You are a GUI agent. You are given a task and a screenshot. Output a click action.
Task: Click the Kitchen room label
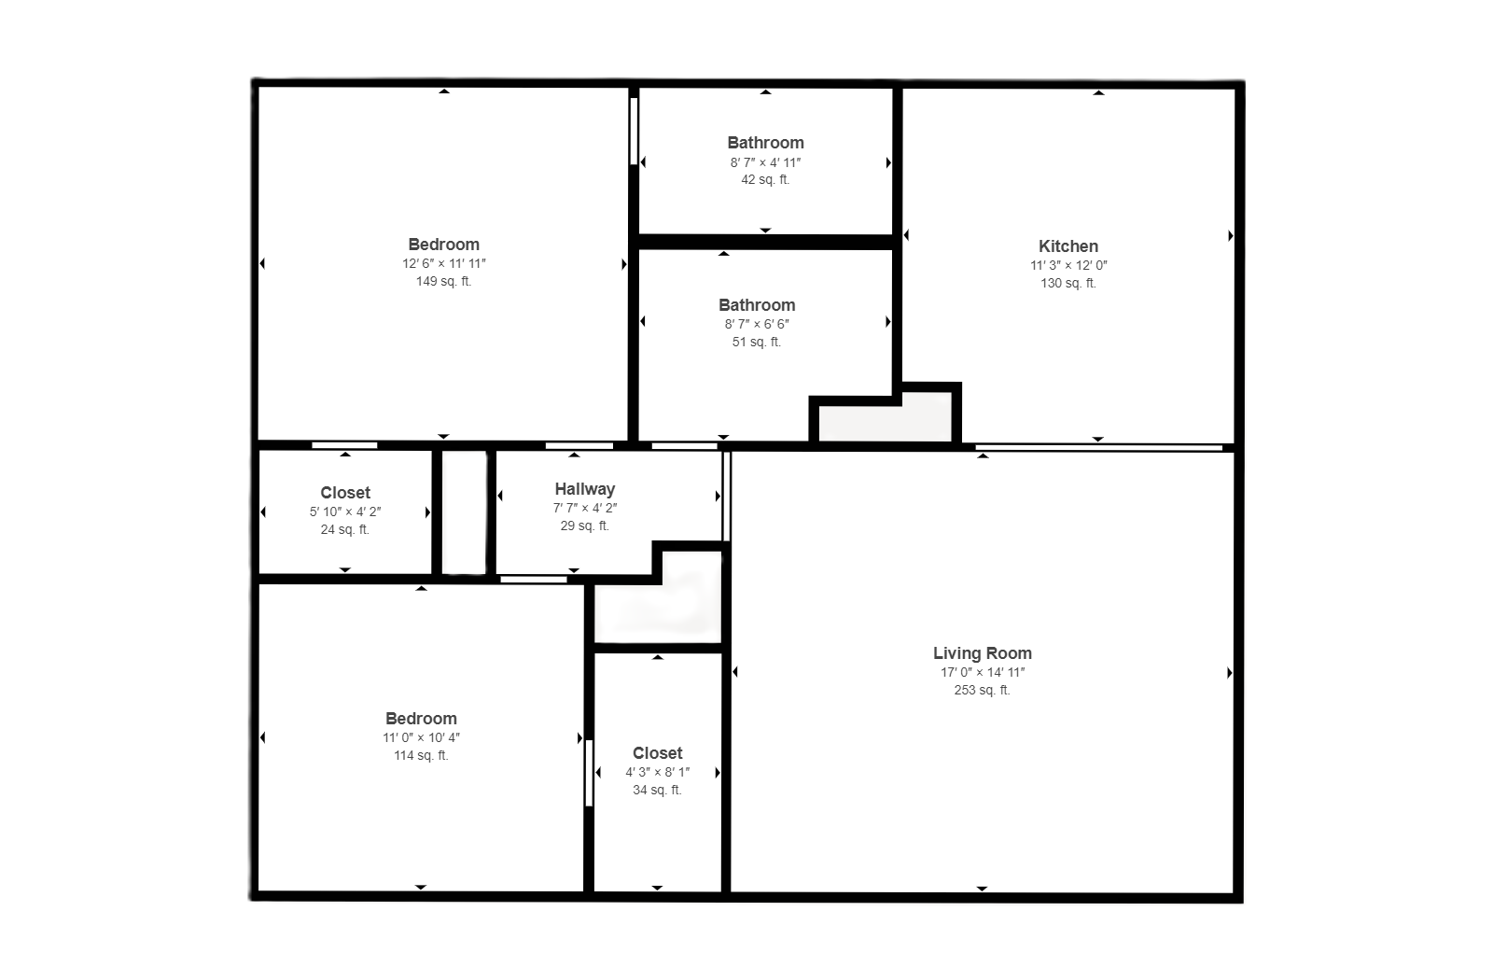click(1068, 246)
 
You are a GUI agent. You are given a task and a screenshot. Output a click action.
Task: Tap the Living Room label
click(983, 653)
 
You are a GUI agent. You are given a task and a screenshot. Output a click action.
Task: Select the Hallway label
click(585, 489)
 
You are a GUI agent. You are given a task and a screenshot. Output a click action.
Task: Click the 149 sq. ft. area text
click(444, 281)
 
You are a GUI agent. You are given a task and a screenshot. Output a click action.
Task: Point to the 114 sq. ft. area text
click(421, 755)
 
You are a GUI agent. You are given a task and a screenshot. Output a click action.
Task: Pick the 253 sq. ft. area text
click(983, 690)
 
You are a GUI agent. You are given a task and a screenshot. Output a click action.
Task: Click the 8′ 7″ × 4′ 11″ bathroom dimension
click(766, 162)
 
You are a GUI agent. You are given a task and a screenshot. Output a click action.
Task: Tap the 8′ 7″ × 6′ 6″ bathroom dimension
click(757, 324)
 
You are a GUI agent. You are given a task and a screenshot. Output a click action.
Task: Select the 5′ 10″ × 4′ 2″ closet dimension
click(345, 512)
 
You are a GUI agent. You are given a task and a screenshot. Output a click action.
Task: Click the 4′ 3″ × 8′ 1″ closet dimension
click(658, 772)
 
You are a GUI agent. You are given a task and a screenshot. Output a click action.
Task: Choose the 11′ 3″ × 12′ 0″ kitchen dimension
click(1068, 265)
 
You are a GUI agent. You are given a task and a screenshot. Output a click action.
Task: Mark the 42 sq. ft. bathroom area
click(766, 179)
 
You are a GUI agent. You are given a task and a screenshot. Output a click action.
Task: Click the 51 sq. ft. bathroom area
click(757, 342)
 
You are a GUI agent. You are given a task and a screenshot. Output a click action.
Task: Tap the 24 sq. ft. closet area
click(345, 529)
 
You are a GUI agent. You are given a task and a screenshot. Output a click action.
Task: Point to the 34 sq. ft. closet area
click(658, 790)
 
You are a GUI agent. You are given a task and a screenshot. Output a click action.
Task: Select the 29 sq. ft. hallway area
click(585, 526)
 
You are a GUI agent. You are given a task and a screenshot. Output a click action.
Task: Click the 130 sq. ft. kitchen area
click(1068, 283)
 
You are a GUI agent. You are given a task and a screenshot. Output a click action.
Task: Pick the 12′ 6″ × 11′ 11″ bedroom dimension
click(444, 263)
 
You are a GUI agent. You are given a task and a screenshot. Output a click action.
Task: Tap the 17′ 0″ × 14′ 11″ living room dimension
click(983, 672)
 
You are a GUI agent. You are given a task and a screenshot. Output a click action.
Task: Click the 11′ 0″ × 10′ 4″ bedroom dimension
click(421, 737)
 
